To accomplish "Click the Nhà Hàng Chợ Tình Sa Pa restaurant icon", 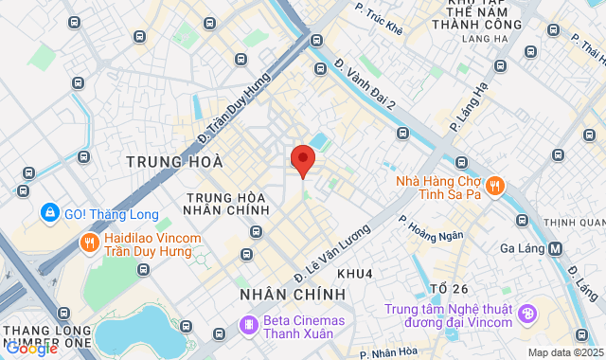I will pos(496,185).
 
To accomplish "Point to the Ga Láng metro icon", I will pos(555,249).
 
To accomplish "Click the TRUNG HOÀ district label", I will pos(168,162).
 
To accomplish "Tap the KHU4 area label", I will pos(355,274).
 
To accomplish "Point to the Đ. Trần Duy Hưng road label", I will pos(233,108).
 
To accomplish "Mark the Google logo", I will pos(31,349).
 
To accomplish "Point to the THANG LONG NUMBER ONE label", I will pos(47,335).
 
